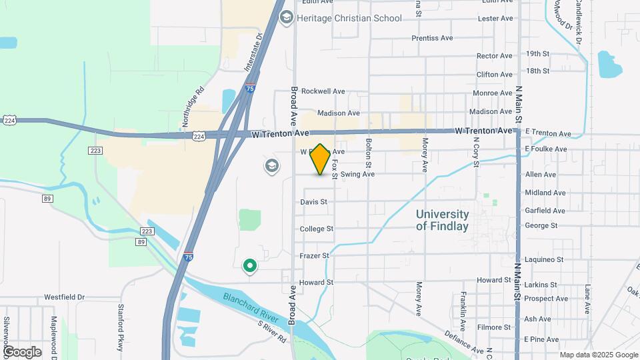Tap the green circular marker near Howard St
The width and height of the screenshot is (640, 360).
tap(250, 267)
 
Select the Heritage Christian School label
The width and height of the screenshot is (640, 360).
tap(349, 18)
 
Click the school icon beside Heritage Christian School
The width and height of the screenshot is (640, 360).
tap(287, 17)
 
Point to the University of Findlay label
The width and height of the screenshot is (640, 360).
tap(442, 220)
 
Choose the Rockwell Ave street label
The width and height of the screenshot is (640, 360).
tap(323, 91)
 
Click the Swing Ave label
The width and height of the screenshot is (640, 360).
tap(357, 175)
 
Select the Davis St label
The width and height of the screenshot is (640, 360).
tap(313, 201)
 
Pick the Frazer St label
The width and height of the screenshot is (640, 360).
tap(315, 255)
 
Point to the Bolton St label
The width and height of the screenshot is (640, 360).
tap(368, 153)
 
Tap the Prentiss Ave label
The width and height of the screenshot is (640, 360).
tap(433, 38)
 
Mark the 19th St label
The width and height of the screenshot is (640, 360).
tap(537, 53)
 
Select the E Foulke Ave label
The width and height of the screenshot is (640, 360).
tap(547, 149)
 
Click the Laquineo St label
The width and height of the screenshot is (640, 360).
tap(544, 259)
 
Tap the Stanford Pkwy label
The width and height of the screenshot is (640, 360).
tap(121, 322)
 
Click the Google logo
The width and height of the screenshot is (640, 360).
tap(22, 351)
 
